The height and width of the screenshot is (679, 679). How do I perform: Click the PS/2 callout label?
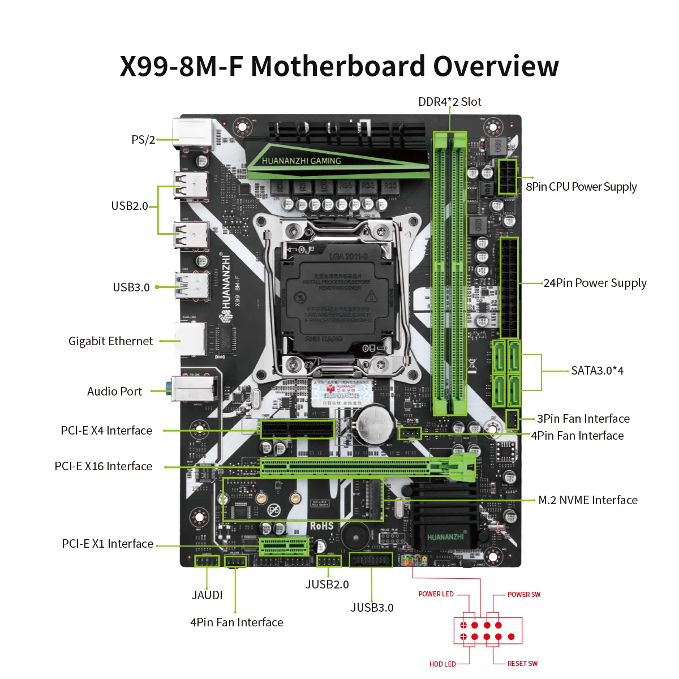[143, 140]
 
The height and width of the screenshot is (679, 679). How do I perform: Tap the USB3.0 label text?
[131, 287]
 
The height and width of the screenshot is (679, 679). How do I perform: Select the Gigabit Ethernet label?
[110, 341]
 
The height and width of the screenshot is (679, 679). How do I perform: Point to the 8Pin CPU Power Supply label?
[581, 187]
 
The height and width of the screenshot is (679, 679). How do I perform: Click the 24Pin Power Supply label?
[595, 283]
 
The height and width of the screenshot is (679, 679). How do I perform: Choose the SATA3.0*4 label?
[597, 371]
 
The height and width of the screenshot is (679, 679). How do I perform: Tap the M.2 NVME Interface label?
[587, 500]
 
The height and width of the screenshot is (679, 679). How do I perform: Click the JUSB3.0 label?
[372, 608]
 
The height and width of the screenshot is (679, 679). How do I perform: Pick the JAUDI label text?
[207, 595]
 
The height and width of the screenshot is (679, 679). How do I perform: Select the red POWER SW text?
[523, 595]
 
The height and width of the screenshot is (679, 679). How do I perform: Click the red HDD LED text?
[442, 664]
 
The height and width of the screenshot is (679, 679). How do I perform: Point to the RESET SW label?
[522, 664]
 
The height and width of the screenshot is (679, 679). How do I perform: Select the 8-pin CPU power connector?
[507, 177]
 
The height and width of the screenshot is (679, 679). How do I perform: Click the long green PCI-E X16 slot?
[345, 467]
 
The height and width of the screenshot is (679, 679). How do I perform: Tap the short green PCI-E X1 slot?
[284, 547]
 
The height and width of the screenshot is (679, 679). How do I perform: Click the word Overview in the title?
[496, 66]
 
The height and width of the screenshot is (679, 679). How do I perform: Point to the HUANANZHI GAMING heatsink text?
[302, 161]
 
